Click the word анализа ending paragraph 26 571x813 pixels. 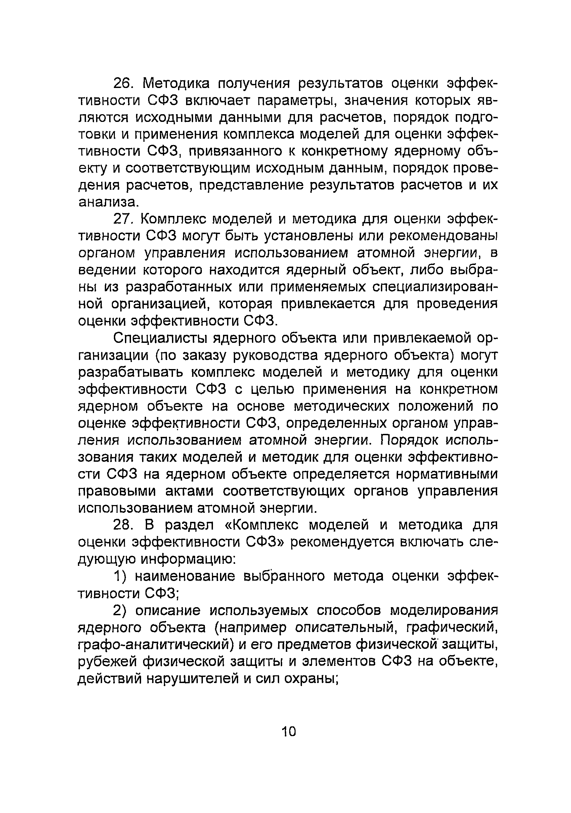106,202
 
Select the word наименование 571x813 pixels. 185,577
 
